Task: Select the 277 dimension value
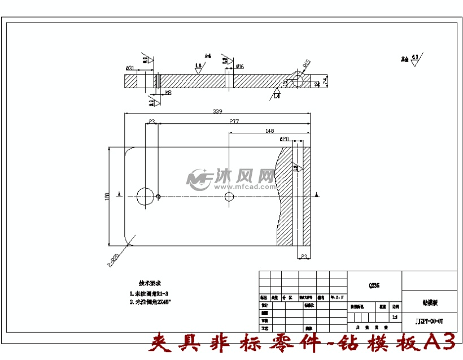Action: point(234,122)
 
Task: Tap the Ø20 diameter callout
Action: point(284,138)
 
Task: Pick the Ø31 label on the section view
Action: point(130,68)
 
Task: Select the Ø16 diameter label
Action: point(239,67)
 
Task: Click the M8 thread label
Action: point(168,92)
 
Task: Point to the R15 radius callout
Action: point(307,63)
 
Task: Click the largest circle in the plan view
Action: point(145,196)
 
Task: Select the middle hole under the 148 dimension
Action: point(229,197)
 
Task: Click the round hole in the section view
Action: point(298,81)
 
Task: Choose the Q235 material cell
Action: point(374,286)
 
